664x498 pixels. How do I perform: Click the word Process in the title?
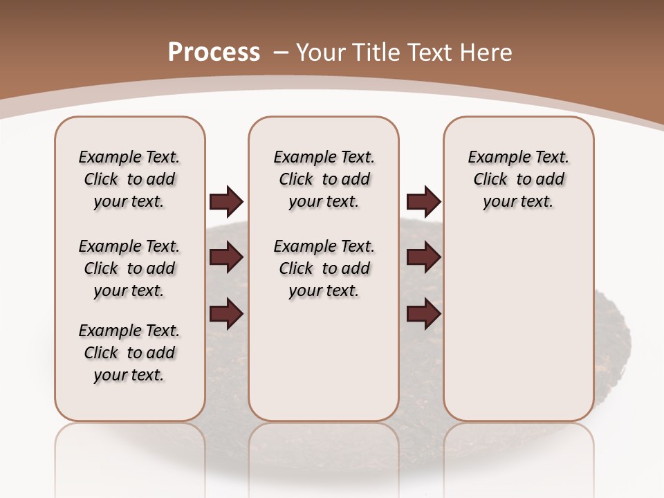click(214, 53)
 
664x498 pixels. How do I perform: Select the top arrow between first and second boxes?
click(226, 202)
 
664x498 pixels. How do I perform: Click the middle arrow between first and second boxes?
click(226, 258)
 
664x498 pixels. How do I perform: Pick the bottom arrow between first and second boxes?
click(226, 314)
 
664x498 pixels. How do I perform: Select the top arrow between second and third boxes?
click(423, 202)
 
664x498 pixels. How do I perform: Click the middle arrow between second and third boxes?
click(423, 258)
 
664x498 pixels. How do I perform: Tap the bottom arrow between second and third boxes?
click(423, 314)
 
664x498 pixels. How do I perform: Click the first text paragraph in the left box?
click(129, 179)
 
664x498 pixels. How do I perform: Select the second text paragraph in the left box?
click(129, 268)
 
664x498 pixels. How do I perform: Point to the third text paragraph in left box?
click(129, 353)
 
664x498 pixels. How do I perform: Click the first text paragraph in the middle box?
click(324, 179)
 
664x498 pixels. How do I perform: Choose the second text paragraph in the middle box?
click(324, 268)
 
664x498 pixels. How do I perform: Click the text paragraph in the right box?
click(519, 179)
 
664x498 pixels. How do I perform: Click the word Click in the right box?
click(490, 180)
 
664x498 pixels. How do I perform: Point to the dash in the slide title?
click(281, 53)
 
